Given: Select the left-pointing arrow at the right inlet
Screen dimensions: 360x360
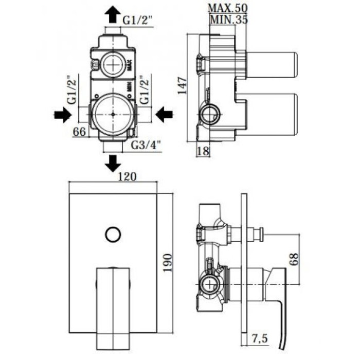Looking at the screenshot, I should [165, 114].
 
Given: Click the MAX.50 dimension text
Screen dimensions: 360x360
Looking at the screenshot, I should [227, 8].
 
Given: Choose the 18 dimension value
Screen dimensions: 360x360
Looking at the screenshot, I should [203, 151].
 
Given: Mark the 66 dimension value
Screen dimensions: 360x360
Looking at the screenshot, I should [79, 132].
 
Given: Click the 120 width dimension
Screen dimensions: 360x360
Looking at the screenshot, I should [127, 177].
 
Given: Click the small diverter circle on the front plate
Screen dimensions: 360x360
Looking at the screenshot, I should [112, 234].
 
